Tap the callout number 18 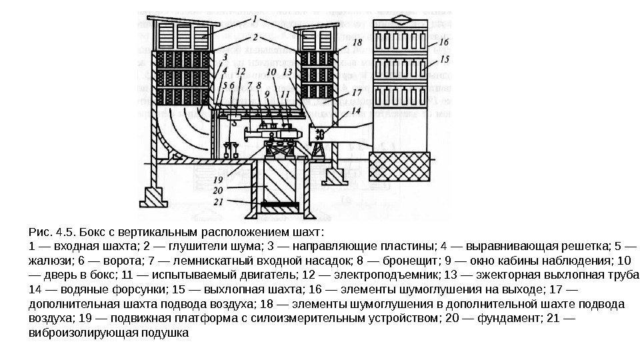click(x=357, y=43)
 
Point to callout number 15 click(x=444, y=59)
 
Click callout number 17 click(x=357, y=93)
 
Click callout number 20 click(x=218, y=189)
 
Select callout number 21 click(x=218, y=201)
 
